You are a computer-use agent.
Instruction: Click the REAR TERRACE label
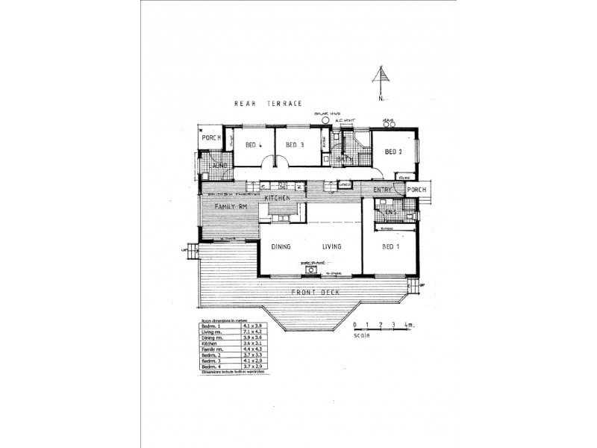(x=267, y=104)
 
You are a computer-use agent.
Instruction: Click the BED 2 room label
(x=394, y=152)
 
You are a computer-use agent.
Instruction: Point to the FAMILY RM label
(x=231, y=206)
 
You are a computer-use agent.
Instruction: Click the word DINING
(x=281, y=246)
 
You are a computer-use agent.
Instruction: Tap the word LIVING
(x=332, y=246)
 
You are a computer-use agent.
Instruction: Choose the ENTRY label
(x=383, y=190)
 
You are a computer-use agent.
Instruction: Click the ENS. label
(x=391, y=213)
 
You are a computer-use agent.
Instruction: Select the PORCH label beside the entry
(x=416, y=190)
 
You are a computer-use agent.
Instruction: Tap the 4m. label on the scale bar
(x=408, y=326)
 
